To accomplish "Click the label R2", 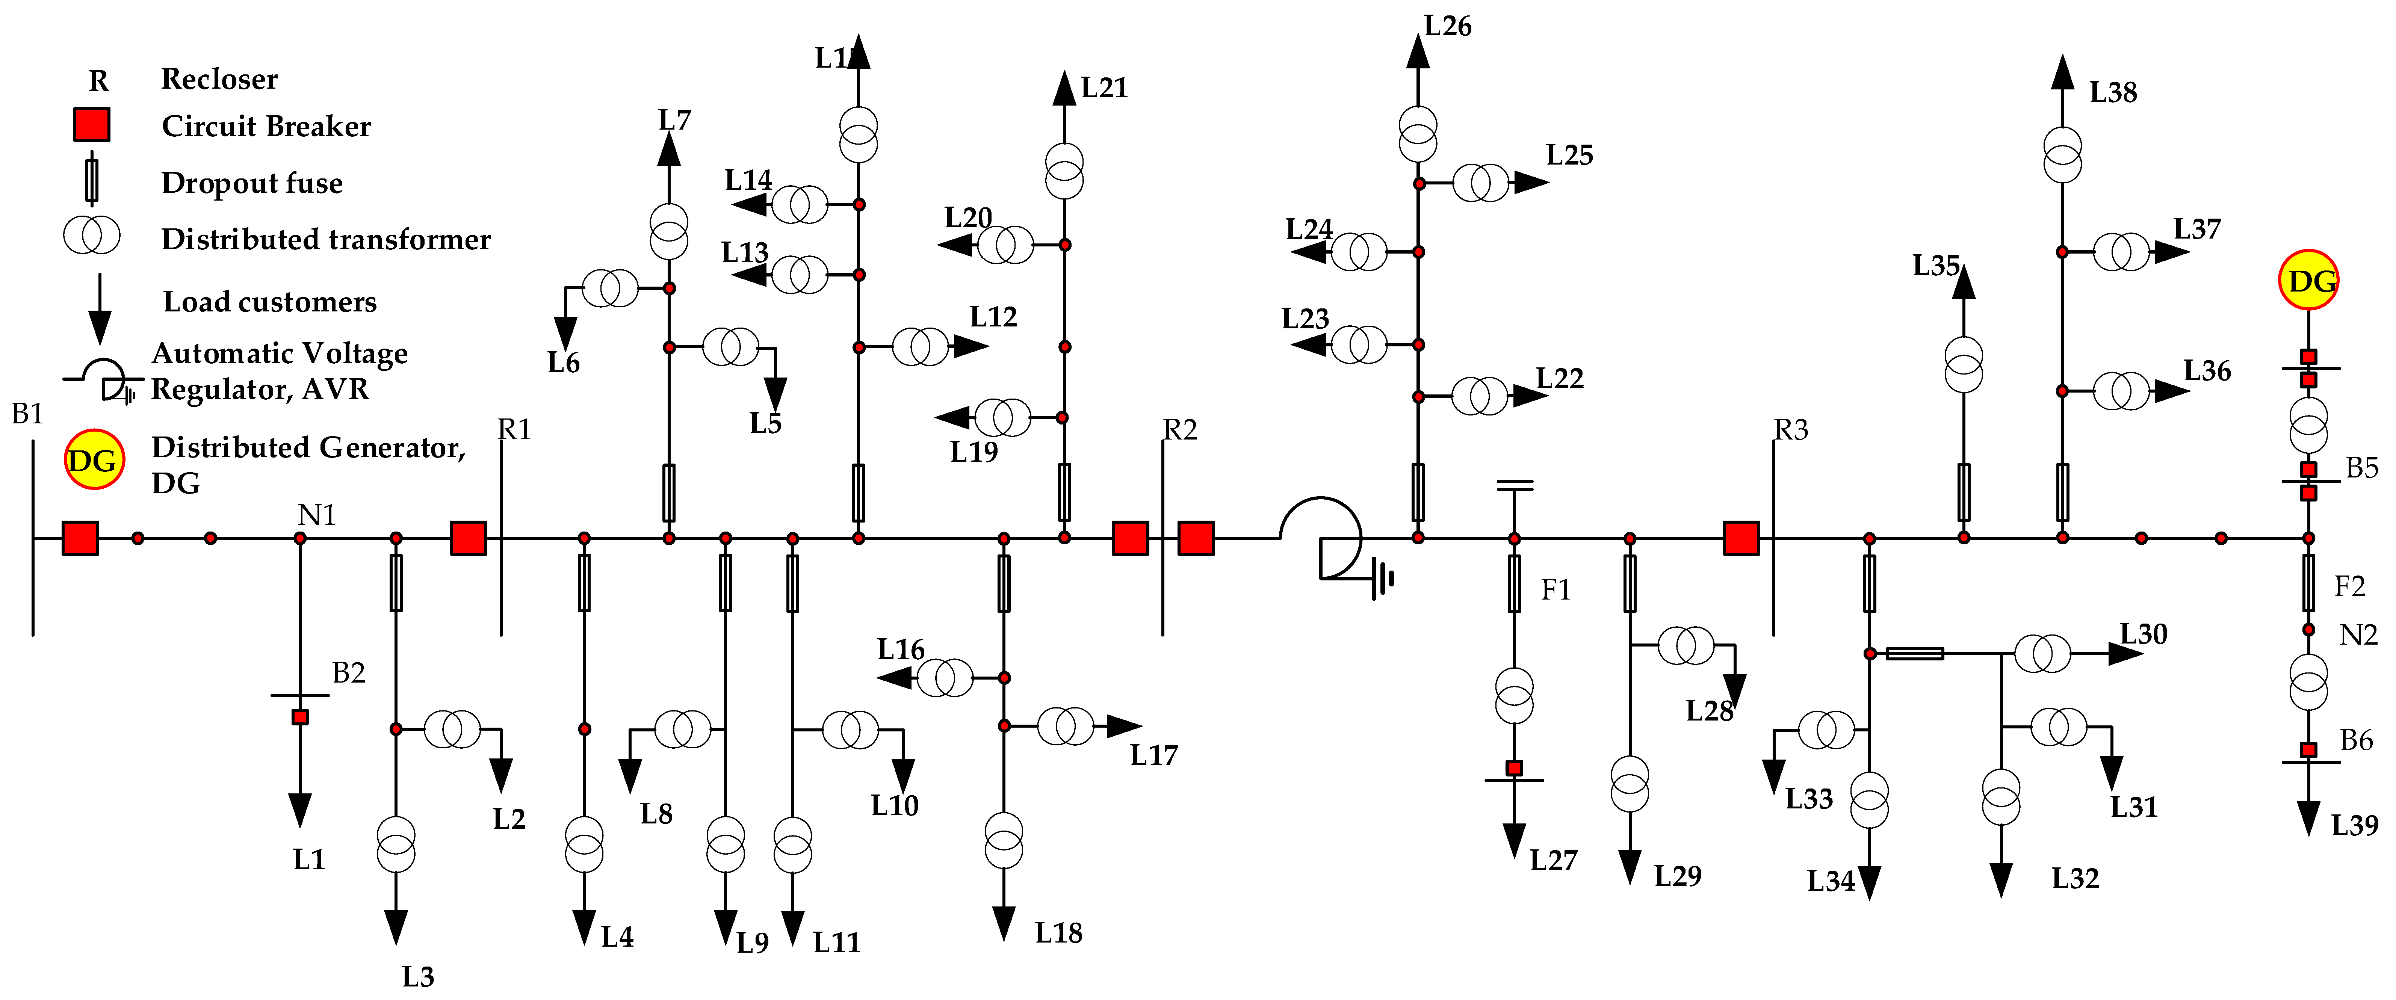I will point(1179,430).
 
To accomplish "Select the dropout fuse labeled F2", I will point(2308,582).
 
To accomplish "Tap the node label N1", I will point(316,514).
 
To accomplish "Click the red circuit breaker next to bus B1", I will point(80,538).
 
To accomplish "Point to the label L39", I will point(2354,825).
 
